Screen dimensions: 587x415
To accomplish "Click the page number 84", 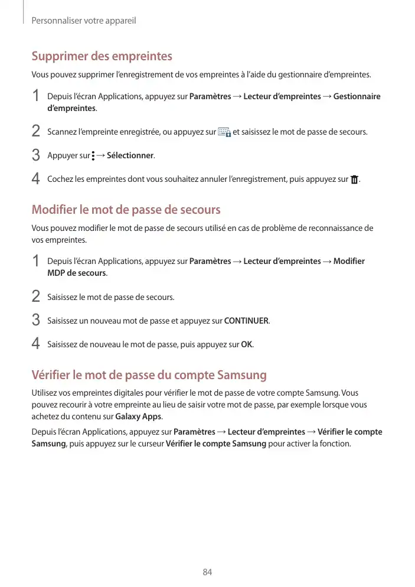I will pos(207,572).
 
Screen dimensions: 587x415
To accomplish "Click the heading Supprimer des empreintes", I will pos(102,57).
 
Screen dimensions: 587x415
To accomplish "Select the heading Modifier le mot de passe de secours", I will pos(126,210).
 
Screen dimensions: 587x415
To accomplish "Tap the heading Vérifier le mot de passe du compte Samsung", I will pos(149,375).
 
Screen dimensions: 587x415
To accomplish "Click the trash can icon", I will pos(354,180).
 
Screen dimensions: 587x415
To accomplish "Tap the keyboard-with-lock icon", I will pos(224,132).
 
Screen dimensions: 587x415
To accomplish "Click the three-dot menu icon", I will pos(93,156).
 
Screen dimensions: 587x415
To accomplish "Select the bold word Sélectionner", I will pos(130,156).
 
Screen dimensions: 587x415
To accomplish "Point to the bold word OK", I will pos(247,344).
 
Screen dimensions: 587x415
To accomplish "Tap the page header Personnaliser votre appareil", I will pos(83,21).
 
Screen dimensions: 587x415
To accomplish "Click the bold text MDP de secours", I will pos(76,273).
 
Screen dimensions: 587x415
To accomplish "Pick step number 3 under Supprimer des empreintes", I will pos(36,156).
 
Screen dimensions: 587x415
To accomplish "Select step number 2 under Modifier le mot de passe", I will pos(36,296).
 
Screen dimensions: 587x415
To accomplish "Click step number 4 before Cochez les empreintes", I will pos(36,179).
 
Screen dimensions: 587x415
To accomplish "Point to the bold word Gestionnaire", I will pos(357,96).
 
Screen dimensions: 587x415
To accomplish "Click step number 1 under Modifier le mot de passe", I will pos(36,261).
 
